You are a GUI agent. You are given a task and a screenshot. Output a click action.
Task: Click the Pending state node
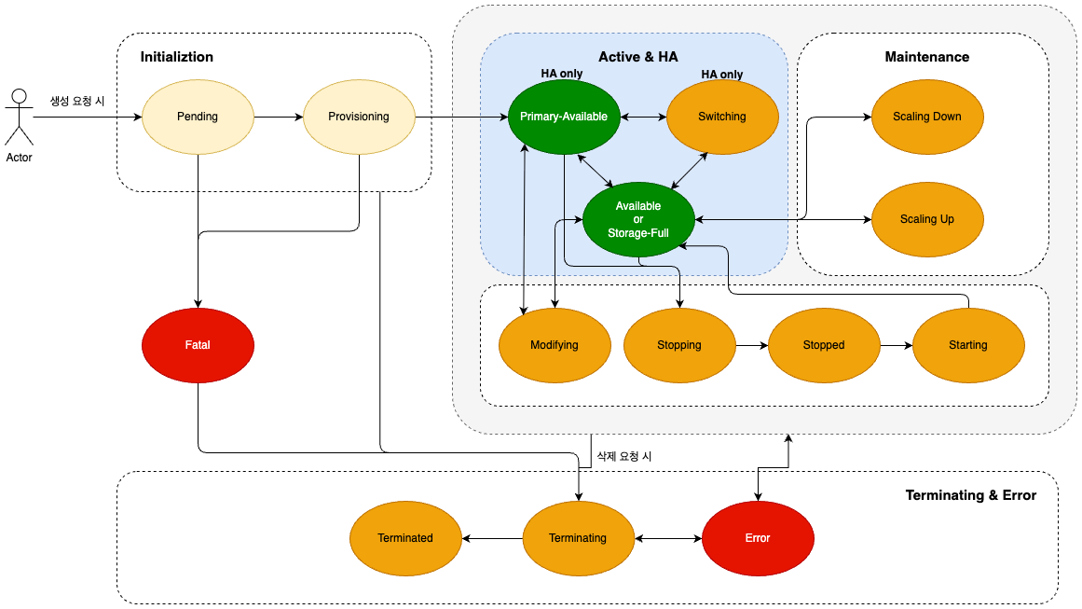198,117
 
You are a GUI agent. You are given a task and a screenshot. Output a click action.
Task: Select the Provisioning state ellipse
359,117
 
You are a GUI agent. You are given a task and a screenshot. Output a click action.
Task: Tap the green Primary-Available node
564,117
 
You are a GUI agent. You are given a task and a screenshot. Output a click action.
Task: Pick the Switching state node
721,117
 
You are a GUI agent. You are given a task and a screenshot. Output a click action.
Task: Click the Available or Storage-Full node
638,219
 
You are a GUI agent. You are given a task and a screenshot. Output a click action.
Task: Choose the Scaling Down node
926,117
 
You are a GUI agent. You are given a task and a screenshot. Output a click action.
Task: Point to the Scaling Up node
926,219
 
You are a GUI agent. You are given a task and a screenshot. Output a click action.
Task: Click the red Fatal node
198,345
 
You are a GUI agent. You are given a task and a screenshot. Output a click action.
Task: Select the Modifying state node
555,345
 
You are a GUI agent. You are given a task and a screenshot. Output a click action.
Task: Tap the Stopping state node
679,345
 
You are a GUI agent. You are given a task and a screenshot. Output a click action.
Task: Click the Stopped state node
823,345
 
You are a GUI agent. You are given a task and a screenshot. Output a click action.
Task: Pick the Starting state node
968,345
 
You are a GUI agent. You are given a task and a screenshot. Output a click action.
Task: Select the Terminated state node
405,538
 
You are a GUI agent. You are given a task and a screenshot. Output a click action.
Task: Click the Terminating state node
578,538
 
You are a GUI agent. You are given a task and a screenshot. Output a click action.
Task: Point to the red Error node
758,538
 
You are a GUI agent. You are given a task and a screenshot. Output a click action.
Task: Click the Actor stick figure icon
20,118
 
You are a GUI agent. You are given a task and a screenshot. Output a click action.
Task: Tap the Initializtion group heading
177,57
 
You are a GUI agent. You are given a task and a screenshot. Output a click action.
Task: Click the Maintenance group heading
926,57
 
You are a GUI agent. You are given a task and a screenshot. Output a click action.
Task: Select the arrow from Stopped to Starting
897,345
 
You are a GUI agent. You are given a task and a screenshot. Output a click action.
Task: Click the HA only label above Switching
721,74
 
